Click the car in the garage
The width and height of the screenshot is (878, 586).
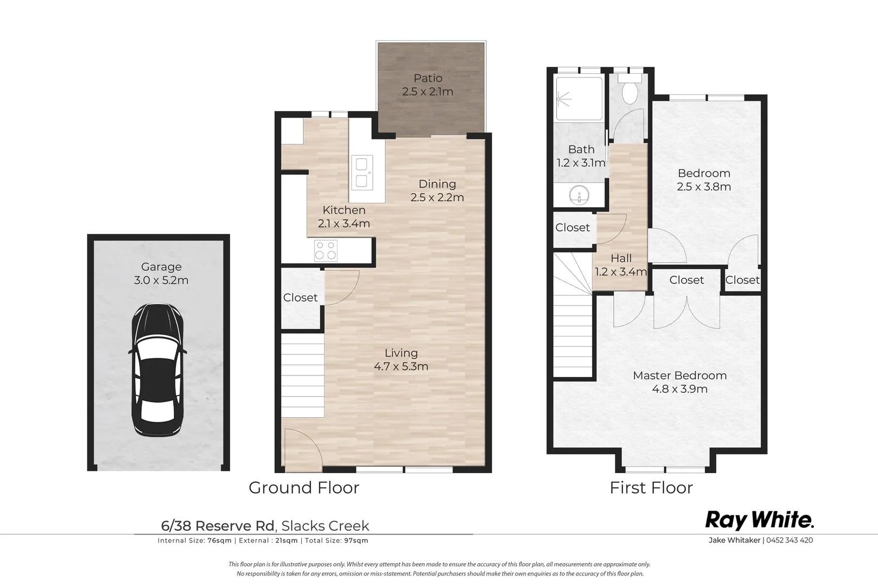157,370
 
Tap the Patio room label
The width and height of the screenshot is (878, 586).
428,78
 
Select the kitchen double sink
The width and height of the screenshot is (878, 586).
362,173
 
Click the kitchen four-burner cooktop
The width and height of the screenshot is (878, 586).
326,250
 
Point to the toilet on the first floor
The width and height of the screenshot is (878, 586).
629,90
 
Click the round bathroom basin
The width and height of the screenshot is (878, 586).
580,195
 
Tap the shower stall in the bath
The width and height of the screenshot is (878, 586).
578,98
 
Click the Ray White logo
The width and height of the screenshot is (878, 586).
759,520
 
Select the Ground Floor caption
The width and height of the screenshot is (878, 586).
304,488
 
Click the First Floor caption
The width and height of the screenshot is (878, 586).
651,488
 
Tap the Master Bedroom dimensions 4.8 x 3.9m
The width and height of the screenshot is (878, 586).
680,389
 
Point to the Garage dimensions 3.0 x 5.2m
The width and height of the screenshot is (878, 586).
161,281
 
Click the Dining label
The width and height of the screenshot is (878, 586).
437,184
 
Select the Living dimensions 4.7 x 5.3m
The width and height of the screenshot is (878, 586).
401,366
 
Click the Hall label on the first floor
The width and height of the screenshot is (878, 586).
621,258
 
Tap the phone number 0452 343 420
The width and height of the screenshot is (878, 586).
790,540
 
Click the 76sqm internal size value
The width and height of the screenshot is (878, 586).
219,540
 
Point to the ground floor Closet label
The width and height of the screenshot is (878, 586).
300,297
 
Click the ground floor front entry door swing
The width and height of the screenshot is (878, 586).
303,449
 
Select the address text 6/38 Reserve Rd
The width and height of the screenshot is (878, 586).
218,526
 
